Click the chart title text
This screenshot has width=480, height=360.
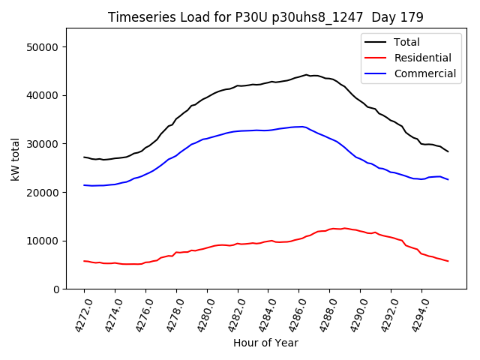tap(265, 16)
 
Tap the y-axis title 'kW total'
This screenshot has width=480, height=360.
tap(16, 158)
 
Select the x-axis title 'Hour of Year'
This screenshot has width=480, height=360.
tap(265, 343)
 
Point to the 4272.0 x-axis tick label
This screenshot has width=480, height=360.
tap(77, 313)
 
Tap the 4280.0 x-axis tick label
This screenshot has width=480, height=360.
tap(200, 313)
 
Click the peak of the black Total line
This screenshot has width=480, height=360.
tap(306, 75)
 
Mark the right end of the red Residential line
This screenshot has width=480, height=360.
tap(448, 261)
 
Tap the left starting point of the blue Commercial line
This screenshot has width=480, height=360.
tap(84, 185)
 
